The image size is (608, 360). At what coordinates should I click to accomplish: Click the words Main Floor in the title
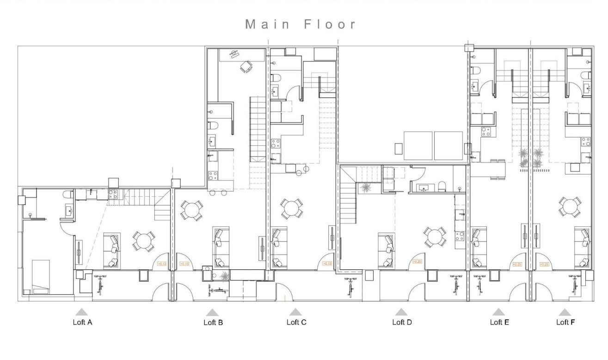pos(301,25)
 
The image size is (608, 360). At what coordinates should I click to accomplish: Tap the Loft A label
pos(83,322)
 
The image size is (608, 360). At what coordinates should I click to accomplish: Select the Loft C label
pos(296,322)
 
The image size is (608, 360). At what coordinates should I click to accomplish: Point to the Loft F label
pos(565,322)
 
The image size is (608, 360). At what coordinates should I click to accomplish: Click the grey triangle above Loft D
pos(401,312)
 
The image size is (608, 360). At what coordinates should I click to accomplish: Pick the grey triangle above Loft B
pos(213,312)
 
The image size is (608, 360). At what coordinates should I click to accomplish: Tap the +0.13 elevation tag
pos(162,264)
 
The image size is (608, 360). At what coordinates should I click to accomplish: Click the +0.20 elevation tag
pos(417,261)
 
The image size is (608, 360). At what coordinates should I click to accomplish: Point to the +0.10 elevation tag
pos(184,264)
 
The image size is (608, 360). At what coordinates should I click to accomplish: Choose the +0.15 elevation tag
pos(327,263)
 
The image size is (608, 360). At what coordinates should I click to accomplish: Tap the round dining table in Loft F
pos(570,206)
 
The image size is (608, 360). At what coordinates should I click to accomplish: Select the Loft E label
pos(499,322)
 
